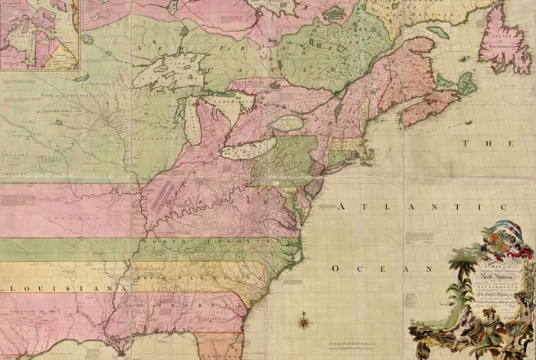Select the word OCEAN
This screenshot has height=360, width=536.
coord(383,269)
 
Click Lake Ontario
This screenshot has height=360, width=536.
coord(285,123)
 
